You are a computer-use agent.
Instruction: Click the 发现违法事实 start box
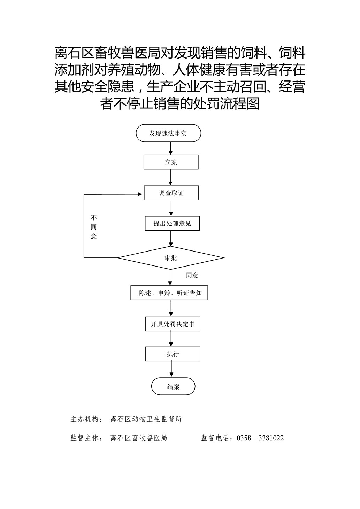point(168,133)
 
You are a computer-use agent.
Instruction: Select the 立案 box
point(171,162)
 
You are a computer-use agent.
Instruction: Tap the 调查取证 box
point(171,193)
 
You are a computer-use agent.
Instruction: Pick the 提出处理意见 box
point(172,223)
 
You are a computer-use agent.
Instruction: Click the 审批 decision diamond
point(171,258)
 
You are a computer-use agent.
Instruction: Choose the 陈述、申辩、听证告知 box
point(169,293)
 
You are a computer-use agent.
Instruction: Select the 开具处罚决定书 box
point(173,324)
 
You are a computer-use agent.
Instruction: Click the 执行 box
point(173,354)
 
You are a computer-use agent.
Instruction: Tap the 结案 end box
point(173,386)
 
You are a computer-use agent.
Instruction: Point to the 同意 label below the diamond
point(192,276)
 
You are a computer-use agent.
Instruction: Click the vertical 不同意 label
point(94,227)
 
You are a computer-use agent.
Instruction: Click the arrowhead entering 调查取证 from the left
point(140,194)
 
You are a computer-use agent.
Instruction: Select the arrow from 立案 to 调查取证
point(170,177)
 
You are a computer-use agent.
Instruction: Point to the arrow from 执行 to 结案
point(171,369)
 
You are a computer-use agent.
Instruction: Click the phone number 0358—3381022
point(260,438)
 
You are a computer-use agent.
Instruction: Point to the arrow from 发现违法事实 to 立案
point(170,148)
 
